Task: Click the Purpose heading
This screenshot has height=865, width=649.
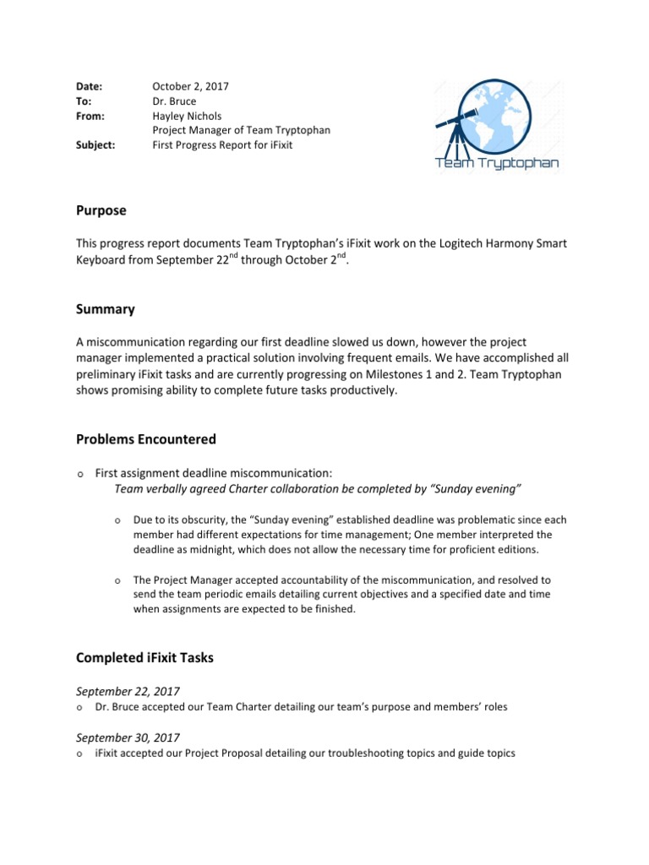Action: click(101, 209)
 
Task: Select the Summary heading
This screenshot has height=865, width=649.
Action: click(106, 309)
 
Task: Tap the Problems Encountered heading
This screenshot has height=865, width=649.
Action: click(145, 438)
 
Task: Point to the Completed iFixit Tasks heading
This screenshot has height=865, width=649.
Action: click(145, 657)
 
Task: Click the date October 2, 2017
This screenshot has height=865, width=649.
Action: click(190, 86)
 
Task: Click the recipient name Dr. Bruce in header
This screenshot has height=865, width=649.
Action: click(175, 101)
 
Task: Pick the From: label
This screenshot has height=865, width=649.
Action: click(89, 115)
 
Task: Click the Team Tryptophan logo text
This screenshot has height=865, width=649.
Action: click(496, 163)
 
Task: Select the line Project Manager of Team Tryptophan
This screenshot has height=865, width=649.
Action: click(241, 129)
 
